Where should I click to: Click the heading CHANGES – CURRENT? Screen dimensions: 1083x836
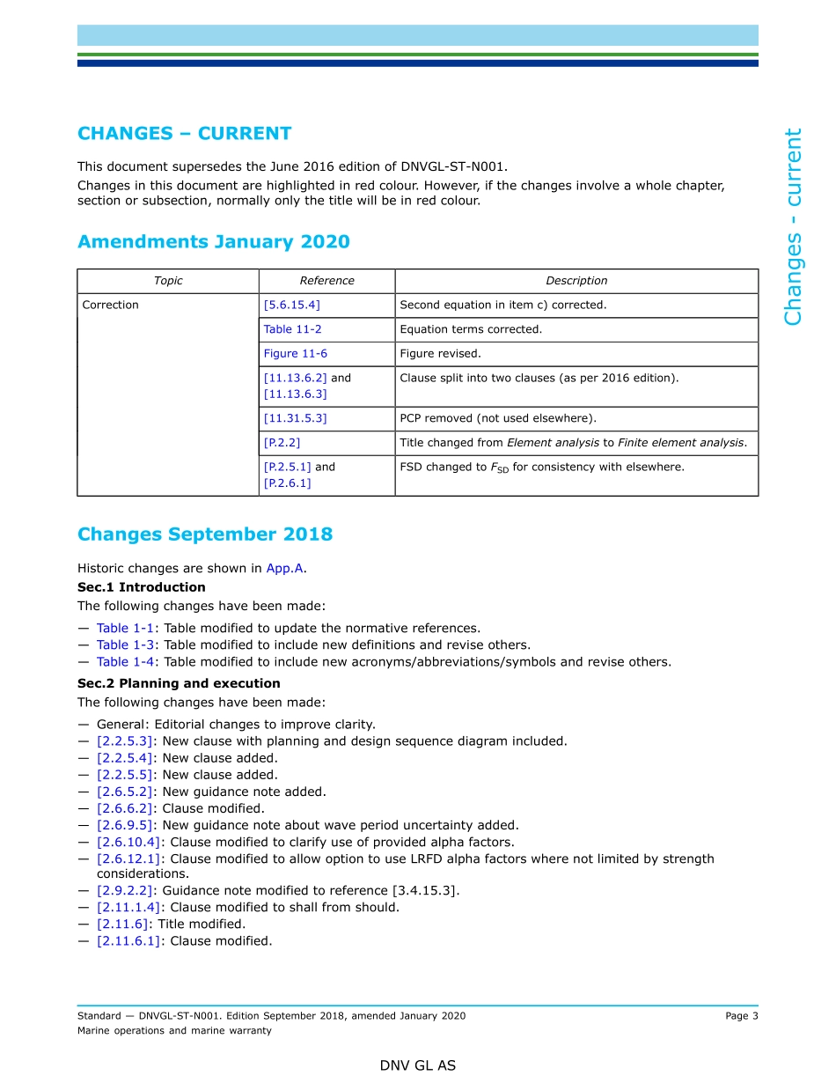click(184, 134)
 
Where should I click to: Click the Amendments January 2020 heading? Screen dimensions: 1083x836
click(213, 242)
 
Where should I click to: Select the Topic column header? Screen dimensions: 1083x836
click(168, 281)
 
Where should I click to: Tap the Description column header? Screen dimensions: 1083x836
click(576, 281)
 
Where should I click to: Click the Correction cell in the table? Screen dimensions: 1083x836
click(111, 306)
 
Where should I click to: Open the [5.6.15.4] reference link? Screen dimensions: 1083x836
click(292, 306)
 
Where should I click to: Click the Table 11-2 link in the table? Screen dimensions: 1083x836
click(292, 329)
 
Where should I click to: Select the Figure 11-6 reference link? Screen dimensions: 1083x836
click(295, 354)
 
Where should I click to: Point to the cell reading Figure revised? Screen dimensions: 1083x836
click(440, 354)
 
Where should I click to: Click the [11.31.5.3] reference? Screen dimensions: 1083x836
click(295, 419)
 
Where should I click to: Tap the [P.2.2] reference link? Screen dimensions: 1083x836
click(282, 443)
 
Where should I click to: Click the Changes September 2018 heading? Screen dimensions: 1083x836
click(205, 534)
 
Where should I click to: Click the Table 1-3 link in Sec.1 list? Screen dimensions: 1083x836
click(125, 645)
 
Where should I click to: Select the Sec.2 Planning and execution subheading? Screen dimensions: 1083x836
click(179, 683)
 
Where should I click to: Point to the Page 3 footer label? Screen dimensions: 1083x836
click(741, 1016)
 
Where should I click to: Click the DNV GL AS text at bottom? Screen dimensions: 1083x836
click(418, 1065)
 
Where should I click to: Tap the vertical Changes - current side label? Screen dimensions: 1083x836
click(793, 227)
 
